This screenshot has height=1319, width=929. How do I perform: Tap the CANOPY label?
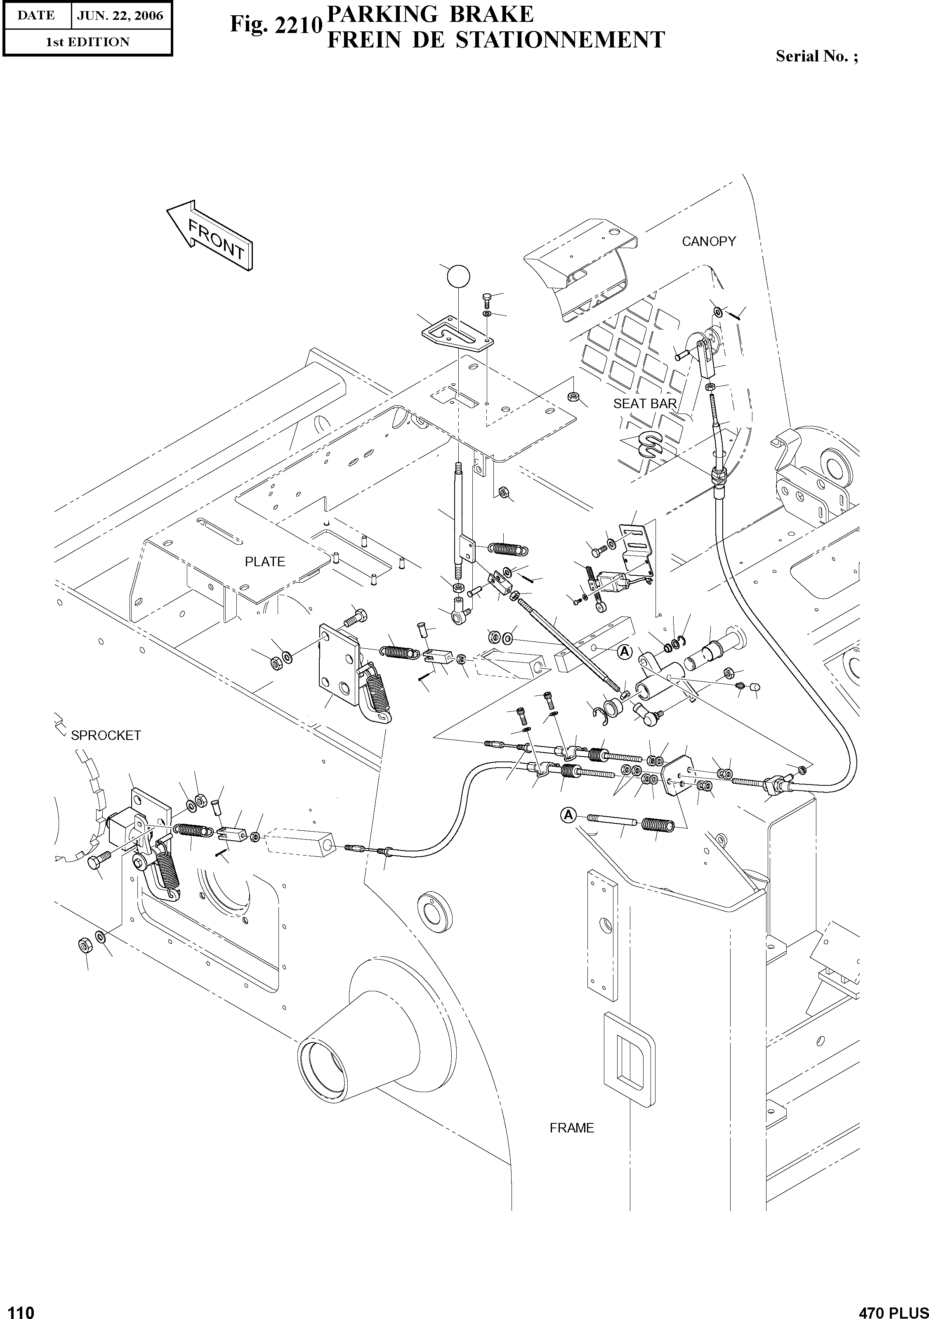coord(709,242)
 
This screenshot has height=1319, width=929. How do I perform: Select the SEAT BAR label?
coord(645,404)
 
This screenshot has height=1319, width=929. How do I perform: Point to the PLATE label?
coord(265,562)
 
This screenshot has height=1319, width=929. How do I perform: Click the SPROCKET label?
coord(106,736)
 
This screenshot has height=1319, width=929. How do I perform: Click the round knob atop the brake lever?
coord(457,277)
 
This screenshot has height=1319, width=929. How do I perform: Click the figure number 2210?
coord(298,26)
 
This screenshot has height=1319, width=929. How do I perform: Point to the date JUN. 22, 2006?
coord(120,16)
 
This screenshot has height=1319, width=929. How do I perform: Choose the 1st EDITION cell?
coord(87,42)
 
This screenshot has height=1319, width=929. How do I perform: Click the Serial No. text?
coord(816,56)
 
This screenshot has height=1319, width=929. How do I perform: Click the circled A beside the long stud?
coord(568,815)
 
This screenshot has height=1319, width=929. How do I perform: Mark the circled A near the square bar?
coord(624,652)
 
